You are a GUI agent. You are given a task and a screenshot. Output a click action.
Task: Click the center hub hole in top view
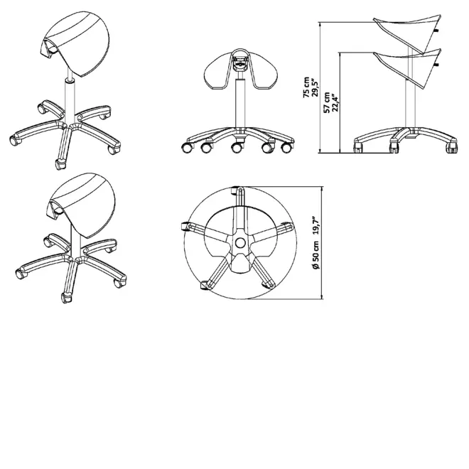pyautogui.click(x=240, y=243)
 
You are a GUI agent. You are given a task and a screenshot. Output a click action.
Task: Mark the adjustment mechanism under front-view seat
pyautogui.click(x=239, y=64)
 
